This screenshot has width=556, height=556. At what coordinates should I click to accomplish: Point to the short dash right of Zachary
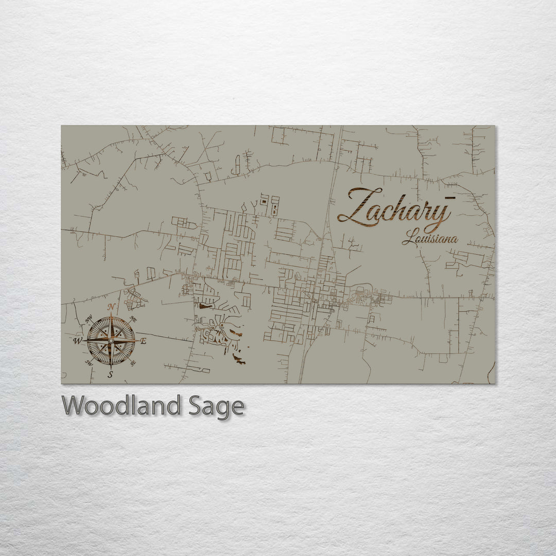(450, 197)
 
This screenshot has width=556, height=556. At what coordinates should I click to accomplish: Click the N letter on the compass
(111, 307)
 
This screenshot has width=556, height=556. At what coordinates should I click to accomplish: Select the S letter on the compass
(110, 374)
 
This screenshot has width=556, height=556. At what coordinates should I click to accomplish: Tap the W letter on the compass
(78, 341)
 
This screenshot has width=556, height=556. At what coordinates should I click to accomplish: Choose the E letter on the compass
(144, 341)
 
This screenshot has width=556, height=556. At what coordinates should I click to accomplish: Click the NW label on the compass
(88, 318)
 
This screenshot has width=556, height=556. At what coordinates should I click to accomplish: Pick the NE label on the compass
(133, 318)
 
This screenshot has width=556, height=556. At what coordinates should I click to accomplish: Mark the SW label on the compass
(88, 363)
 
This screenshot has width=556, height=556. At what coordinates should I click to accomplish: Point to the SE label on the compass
(133, 363)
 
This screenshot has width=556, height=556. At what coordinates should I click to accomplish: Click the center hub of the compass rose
(111, 340)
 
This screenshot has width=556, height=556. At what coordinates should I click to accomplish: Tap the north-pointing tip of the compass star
(111, 315)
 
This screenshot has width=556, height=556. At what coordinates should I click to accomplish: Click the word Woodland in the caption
(121, 406)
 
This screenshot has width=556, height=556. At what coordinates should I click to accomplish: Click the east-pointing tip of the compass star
(137, 340)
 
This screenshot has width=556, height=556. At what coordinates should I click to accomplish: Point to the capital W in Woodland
(73, 406)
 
